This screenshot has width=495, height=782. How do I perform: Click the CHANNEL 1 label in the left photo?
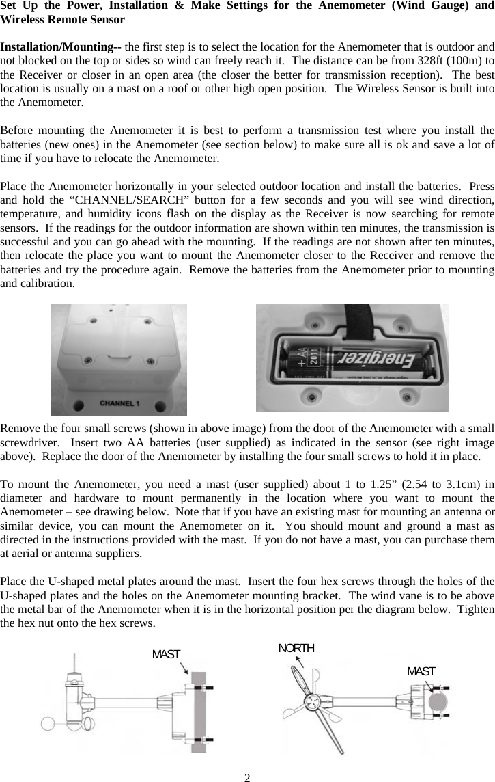[x=119, y=403]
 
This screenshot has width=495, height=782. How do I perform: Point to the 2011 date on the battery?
[x=315, y=358]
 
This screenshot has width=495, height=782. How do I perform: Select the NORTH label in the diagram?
[x=296, y=648]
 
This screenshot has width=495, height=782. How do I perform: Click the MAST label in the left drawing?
[x=166, y=654]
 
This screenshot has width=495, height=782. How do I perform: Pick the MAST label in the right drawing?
[x=421, y=671]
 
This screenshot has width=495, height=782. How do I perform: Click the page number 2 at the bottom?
[x=248, y=777]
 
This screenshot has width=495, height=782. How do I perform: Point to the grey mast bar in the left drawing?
[x=198, y=711]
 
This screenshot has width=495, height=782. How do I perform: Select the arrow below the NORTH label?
[x=299, y=661]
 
